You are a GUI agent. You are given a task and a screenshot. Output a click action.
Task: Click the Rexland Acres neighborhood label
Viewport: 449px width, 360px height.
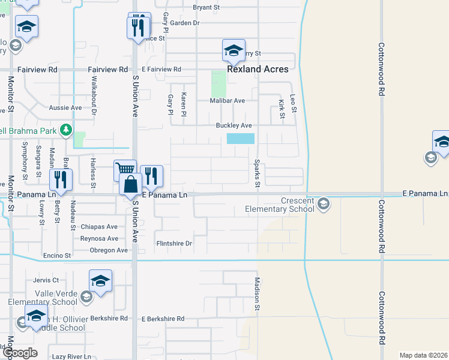coord(258,69)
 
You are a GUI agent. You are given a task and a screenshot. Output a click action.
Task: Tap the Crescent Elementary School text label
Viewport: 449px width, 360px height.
coord(280,205)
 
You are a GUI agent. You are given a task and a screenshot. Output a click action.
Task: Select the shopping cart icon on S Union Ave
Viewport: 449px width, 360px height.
coord(125,170)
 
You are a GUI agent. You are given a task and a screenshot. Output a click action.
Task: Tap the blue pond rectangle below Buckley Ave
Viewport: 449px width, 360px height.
coord(241,139)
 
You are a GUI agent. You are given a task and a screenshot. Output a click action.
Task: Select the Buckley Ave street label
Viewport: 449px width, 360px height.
coord(234,125)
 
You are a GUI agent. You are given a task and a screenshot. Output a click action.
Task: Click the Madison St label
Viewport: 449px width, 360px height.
coord(257,294)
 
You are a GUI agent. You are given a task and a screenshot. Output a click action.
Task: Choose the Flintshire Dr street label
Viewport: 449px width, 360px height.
coord(173,244)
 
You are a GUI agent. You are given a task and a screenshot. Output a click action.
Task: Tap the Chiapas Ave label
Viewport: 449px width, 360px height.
coord(99,227)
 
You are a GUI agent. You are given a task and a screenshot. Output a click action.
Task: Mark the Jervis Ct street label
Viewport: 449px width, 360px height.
coord(46,280)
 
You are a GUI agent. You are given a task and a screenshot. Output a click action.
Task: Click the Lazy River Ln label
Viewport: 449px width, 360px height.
coord(71,356)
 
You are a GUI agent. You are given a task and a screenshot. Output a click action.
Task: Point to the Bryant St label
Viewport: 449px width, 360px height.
coord(206,8)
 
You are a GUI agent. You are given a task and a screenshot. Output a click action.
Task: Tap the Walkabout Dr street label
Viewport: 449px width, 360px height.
coord(94,99)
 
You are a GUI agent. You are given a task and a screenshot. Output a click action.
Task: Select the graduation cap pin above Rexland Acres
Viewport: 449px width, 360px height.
coord(234,51)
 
